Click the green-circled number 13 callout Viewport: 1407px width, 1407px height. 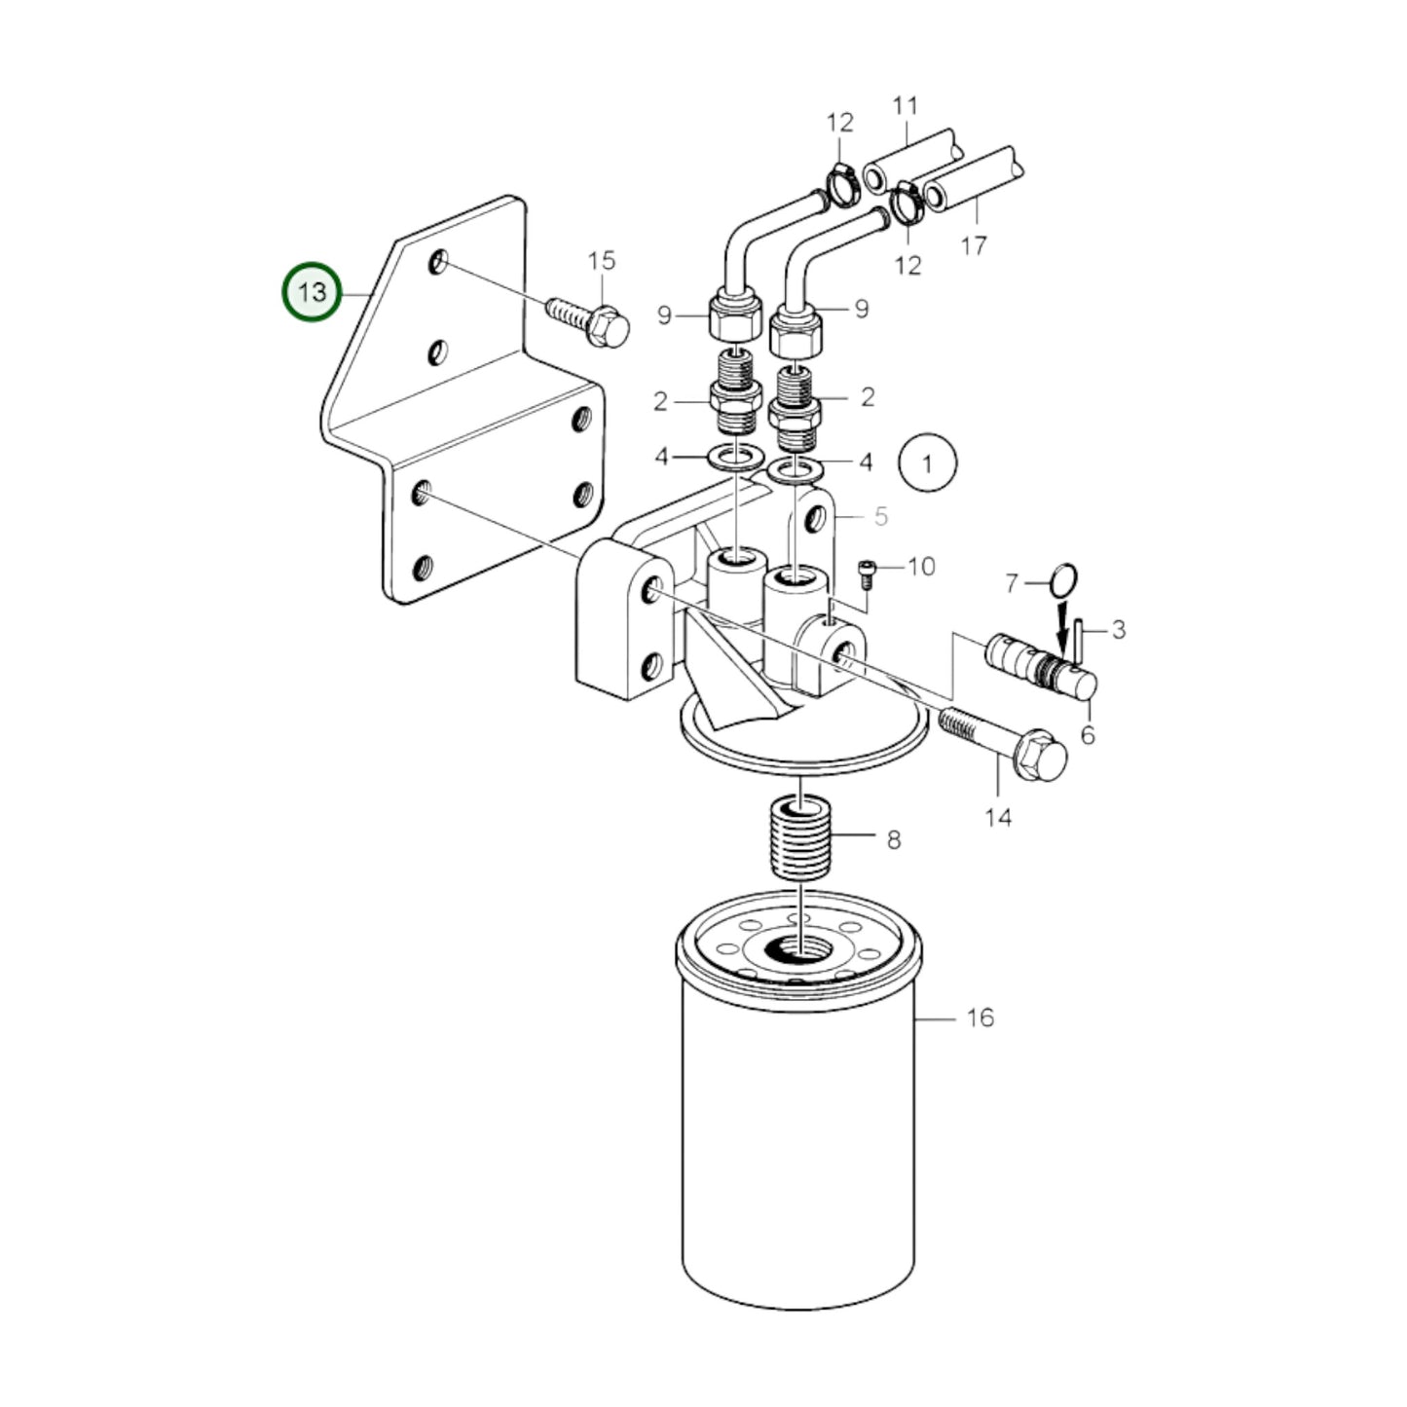pyautogui.click(x=312, y=291)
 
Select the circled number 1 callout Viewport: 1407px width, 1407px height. pyautogui.click(x=927, y=463)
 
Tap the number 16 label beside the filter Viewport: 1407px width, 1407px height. pyautogui.click(x=980, y=1018)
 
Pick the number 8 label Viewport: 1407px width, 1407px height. pyautogui.click(x=894, y=838)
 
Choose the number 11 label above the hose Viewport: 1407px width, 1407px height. pyautogui.click(x=906, y=105)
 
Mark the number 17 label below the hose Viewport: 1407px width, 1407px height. pyautogui.click(x=974, y=245)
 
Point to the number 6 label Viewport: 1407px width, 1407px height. pyautogui.click(x=1088, y=735)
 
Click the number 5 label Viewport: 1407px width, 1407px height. pyautogui.click(x=880, y=516)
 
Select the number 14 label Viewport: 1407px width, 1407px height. pyautogui.click(x=998, y=817)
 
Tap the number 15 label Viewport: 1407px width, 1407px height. pyautogui.click(x=602, y=260)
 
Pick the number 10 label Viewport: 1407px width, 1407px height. pyautogui.click(x=920, y=566)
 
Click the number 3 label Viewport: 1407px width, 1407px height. pyautogui.click(x=1118, y=630)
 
